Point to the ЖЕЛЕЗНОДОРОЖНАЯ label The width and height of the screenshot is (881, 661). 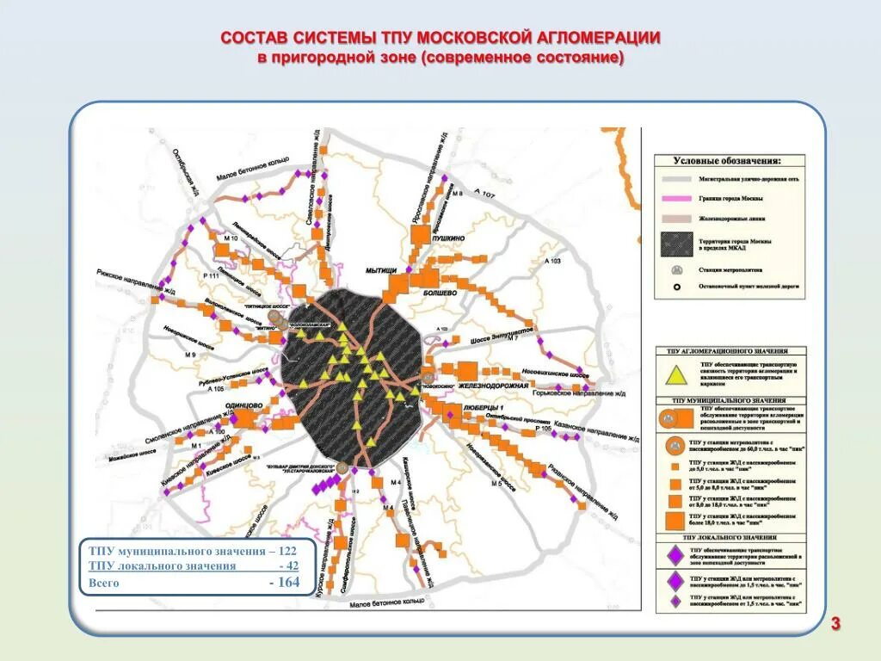(x=487, y=386)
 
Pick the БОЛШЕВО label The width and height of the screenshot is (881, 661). (x=440, y=293)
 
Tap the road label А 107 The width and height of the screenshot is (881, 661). (x=485, y=196)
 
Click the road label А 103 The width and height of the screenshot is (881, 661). (x=551, y=260)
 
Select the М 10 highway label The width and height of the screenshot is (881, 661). (x=230, y=238)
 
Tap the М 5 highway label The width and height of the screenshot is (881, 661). (x=496, y=484)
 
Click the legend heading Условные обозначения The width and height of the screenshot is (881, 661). (x=727, y=161)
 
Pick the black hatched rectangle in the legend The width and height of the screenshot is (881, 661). (x=677, y=244)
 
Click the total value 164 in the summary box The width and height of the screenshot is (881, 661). (x=284, y=583)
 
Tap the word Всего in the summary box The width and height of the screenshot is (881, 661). (x=105, y=583)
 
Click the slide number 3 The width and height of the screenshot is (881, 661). (x=835, y=623)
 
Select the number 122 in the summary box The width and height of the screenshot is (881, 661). (x=286, y=550)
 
